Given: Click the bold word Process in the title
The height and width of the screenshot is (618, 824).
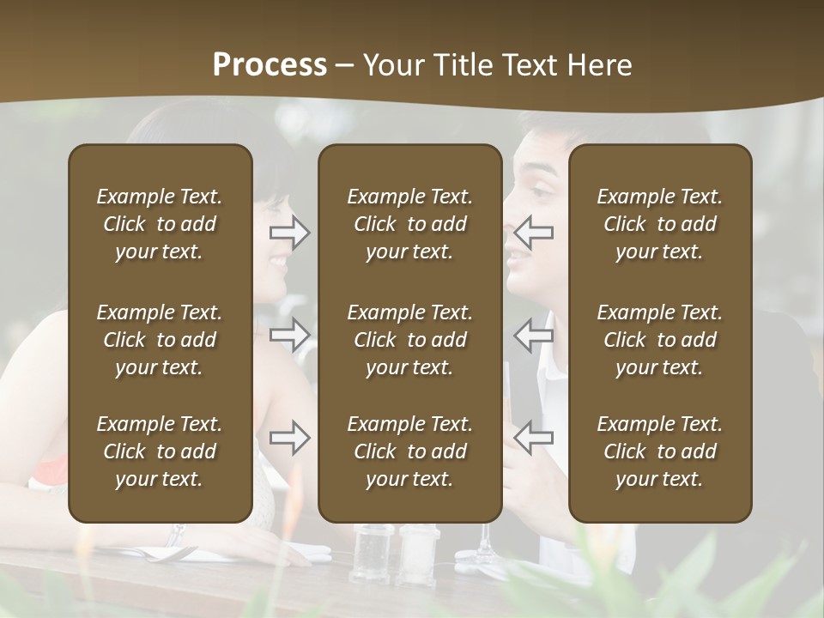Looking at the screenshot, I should click(270, 65).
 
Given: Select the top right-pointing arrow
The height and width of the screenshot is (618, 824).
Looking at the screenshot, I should click(290, 233).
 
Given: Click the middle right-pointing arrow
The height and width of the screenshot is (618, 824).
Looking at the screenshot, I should click(290, 335).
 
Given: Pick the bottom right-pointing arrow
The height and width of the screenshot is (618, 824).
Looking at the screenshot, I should click(290, 438).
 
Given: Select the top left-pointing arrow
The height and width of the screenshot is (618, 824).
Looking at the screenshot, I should click(534, 233).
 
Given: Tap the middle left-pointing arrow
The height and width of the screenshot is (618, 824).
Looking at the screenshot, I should click(534, 335).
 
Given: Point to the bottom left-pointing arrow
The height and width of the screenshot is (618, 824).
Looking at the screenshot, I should click(534, 438).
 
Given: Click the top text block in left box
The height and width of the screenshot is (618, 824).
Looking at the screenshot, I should click(160, 224).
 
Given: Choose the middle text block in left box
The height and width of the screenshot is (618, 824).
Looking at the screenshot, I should click(160, 340).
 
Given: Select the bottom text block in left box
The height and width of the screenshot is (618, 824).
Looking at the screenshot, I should click(160, 451).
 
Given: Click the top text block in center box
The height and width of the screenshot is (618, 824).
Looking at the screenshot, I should click(409, 224).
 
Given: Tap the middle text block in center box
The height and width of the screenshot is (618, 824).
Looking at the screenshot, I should click(409, 340).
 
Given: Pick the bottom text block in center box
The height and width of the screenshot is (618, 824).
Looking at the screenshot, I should click(409, 451).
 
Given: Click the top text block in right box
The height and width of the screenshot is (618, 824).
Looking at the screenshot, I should click(659, 224).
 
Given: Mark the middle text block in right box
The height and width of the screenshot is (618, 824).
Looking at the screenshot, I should click(659, 340).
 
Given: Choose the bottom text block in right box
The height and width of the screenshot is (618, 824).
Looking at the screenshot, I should click(659, 451).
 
